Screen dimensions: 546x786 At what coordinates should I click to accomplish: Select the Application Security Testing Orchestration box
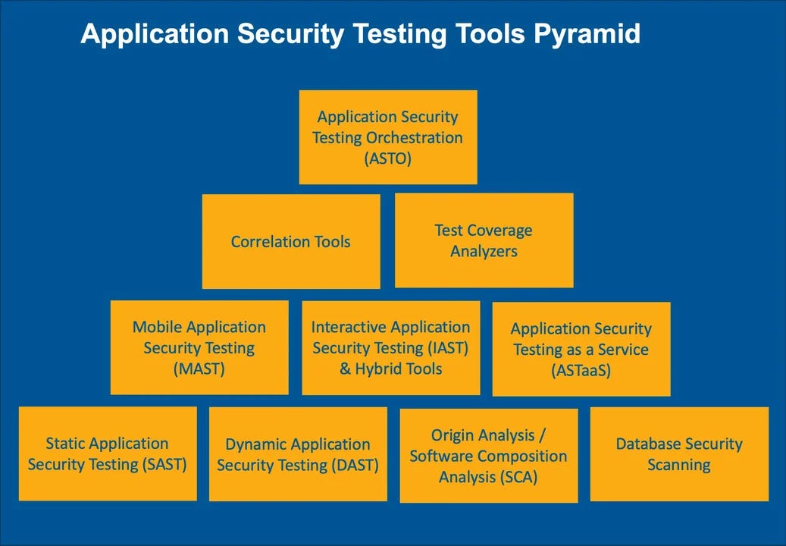(x=388, y=137)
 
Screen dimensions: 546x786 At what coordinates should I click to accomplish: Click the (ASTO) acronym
(x=387, y=158)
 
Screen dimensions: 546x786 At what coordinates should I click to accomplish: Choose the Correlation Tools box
(x=291, y=242)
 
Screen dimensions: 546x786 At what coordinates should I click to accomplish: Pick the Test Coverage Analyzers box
(x=484, y=240)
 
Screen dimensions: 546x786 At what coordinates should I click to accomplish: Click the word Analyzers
(x=484, y=251)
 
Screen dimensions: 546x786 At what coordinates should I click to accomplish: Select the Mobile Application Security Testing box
(x=199, y=348)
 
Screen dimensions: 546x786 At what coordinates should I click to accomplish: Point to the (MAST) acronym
(x=199, y=369)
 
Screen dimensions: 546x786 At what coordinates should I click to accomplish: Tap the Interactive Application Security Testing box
(x=390, y=348)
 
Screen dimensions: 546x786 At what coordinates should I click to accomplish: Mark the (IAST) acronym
(x=447, y=348)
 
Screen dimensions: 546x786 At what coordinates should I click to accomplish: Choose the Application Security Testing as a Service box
(x=581, y=350)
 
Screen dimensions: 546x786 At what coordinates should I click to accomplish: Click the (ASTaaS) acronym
(x=581, y=371)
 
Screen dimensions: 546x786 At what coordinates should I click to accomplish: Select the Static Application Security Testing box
(x=108, y=453)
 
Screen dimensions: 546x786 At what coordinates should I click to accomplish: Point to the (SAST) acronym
(x=164, y=464)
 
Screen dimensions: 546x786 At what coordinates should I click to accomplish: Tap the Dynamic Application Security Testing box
(x=298, y=454)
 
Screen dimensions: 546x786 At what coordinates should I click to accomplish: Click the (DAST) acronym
(x=355, y=465)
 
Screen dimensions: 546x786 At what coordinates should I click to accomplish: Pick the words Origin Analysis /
(x=488, y=435)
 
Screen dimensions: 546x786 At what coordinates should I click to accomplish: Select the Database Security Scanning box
(x=679, y=454)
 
